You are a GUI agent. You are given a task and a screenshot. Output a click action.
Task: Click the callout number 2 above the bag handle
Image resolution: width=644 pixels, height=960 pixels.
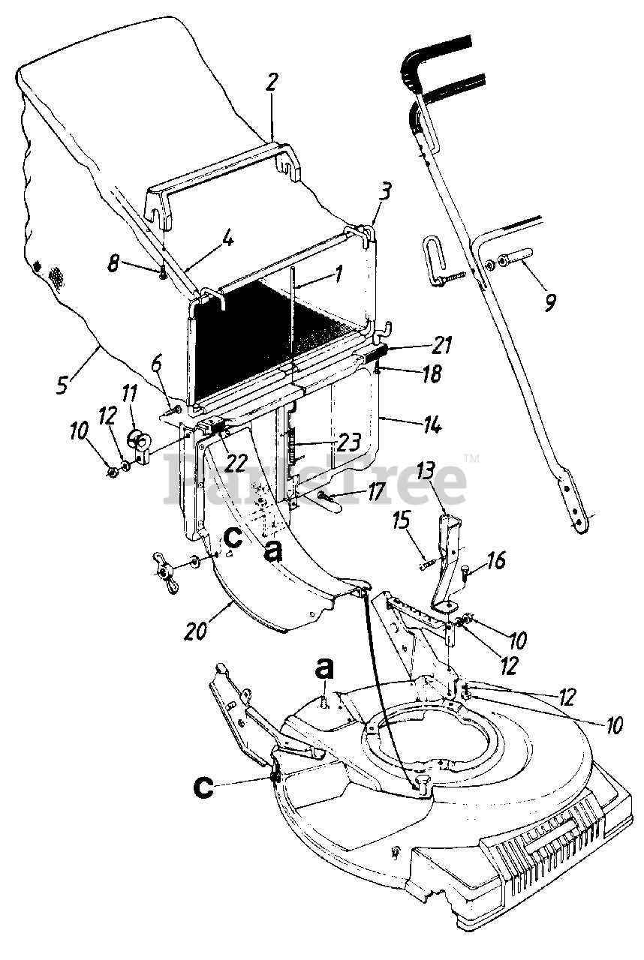(271, 82)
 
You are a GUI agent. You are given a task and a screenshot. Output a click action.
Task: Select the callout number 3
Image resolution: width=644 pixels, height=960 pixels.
(384, 191)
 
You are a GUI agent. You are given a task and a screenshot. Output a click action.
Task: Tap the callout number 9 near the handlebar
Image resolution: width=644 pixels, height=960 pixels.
(550, 303)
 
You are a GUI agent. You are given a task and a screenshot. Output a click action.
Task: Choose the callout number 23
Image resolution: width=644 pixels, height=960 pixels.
(348, 441)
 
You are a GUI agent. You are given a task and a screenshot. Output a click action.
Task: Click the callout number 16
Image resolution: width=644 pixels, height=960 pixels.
(495, 560)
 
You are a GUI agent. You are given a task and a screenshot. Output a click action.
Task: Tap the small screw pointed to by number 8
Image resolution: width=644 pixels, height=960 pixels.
(163, 275)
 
